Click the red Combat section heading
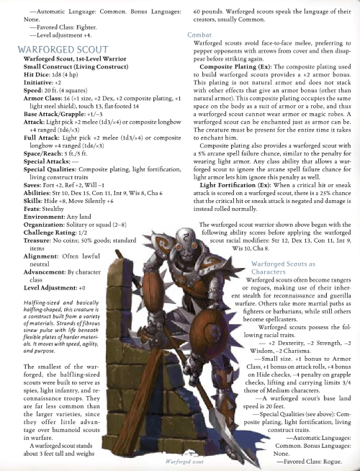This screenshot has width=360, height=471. click(x=199, y=35)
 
